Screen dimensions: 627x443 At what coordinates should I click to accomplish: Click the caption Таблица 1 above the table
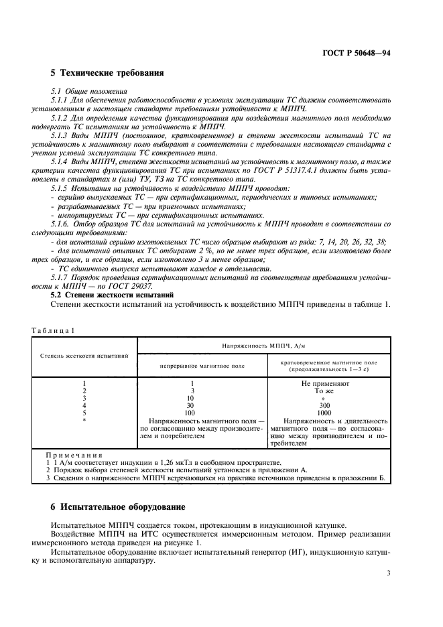(x=53, y=330)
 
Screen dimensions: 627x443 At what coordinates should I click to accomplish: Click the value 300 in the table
(x=324, y=405)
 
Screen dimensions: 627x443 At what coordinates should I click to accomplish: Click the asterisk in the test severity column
(x=84, y=420)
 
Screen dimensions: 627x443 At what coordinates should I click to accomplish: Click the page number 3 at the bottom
(x=388, y=573)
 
